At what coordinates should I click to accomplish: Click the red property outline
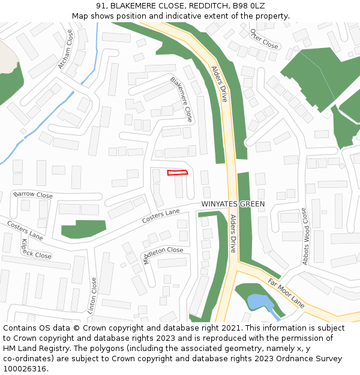point(177,173)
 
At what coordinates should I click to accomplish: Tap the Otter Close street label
point(264,39)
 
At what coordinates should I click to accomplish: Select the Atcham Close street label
point(65,50)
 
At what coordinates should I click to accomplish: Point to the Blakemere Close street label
point(181,99)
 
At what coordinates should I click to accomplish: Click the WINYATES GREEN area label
point(233,204)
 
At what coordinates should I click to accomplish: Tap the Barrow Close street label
point(33,194)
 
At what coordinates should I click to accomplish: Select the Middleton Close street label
point(163,254)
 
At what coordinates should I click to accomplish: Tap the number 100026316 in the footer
point(26,369)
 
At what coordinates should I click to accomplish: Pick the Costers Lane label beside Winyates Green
point(161,216)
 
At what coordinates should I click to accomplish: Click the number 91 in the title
point(100,5)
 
